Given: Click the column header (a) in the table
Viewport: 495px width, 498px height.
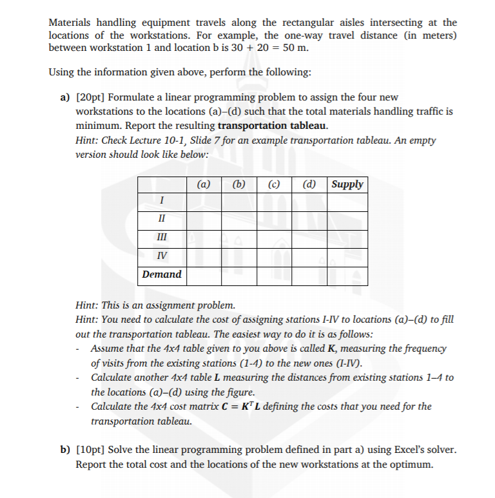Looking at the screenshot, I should point(204,184).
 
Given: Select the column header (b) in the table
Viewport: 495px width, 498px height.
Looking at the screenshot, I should point(239,184).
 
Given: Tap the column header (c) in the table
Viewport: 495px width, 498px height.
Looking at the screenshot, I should point(274,184).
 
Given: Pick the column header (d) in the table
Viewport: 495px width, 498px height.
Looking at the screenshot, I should point(309,184).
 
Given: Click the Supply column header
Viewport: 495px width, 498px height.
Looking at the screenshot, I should point(347,184).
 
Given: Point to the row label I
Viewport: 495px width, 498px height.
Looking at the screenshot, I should point(162,202).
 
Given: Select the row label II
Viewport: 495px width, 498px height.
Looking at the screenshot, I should point(162,220).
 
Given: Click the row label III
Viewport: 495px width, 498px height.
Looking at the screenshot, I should point(162,238).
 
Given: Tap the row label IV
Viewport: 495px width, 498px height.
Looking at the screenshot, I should point(162,256).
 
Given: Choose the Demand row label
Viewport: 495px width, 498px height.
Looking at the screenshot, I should point(162,274).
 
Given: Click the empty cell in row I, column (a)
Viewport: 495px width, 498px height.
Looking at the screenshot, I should point(204,202).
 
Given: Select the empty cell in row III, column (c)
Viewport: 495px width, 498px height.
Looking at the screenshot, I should point(274,238).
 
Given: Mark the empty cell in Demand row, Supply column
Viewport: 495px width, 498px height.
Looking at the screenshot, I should point(347,274).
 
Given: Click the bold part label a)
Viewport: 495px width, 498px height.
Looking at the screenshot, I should point(65,97).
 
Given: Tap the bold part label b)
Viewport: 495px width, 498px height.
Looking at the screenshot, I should point(65,449).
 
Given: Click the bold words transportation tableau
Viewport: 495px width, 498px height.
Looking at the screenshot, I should point(273,125).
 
